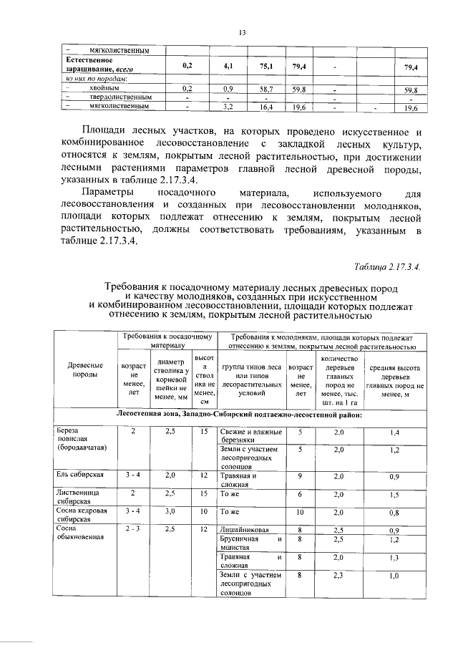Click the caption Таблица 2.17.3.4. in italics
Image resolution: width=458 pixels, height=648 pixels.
coord(387,266)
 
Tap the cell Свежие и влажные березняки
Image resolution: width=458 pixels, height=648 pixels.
coord(250,436)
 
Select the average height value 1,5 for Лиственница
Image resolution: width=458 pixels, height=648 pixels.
coord(394,494)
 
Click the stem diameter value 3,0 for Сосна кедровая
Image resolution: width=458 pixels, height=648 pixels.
coord(170,512)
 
